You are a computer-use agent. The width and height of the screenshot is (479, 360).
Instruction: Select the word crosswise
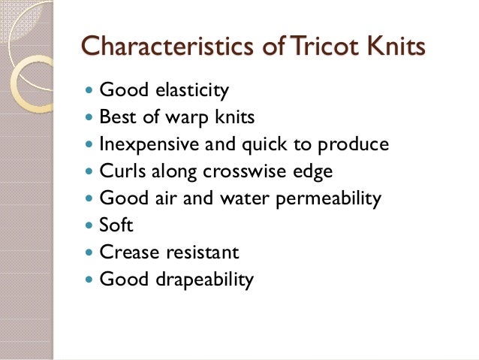(x=249, y=172)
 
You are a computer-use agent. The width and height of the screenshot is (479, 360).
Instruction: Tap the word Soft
(x=116, y=225)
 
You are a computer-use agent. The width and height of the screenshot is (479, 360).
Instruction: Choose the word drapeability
(x=205, y=280)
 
